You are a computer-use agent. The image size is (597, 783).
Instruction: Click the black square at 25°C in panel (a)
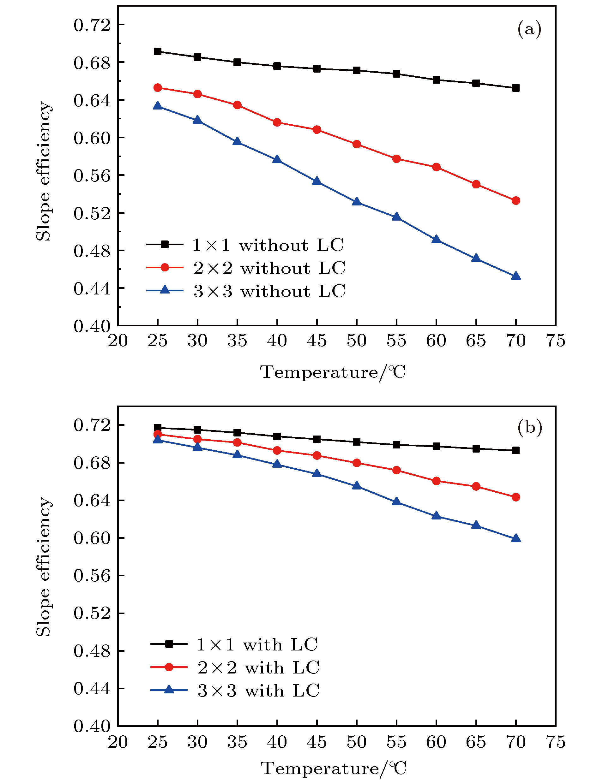click(x=157, y=51)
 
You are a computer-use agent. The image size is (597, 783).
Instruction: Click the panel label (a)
click(x=529, y=29)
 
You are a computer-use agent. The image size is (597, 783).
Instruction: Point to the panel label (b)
click(x=529, y=428)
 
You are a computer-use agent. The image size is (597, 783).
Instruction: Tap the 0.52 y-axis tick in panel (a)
click(x=92, y=213)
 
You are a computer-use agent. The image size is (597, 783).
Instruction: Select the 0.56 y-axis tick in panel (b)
click(x=92, y=576)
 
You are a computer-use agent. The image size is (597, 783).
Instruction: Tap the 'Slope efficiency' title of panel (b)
click(x=44, y=567)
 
